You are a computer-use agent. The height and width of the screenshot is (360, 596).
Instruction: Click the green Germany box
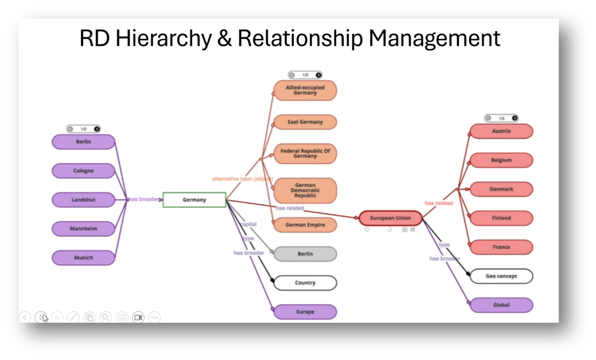194,200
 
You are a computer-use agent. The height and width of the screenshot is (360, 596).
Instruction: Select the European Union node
390,218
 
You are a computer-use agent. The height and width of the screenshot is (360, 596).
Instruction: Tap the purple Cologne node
83,171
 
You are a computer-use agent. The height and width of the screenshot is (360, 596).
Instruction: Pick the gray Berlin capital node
305,254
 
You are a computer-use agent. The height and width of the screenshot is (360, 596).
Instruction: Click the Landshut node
83,200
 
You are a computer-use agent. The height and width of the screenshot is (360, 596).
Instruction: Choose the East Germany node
305,122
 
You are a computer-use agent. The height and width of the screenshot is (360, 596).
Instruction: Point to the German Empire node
305,225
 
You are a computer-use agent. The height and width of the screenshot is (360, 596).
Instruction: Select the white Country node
305,283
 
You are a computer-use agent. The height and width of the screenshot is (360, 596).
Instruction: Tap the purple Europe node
305,312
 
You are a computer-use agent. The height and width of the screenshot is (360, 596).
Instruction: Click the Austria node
501,131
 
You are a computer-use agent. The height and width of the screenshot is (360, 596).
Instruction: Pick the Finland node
501,218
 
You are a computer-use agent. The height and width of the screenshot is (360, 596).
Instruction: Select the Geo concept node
501,276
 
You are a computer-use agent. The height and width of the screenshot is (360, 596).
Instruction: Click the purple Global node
501,305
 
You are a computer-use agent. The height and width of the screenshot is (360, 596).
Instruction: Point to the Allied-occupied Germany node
305,90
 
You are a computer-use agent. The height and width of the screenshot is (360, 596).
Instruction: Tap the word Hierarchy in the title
163,38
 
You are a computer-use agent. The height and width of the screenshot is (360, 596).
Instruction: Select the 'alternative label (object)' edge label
242,179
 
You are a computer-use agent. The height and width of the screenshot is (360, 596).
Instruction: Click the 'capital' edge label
248,224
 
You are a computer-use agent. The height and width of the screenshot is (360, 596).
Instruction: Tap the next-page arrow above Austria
514,118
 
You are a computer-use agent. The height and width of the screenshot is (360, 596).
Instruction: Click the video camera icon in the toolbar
138,317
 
